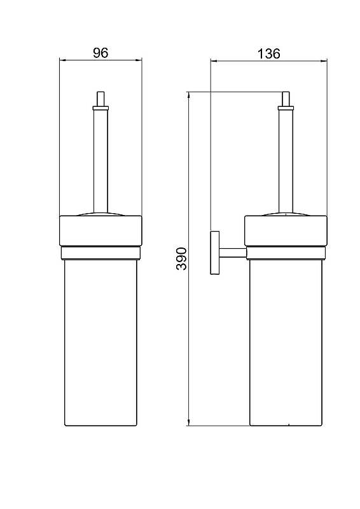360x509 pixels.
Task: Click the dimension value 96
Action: click(100, 53)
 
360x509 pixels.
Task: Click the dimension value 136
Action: click(268, 53)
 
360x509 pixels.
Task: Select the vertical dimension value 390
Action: click(181, 259)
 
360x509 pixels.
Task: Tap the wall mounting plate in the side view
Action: click(215, 253)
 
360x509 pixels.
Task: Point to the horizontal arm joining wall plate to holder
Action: click(232, 253)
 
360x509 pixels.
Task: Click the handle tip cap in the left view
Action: click(100, 99)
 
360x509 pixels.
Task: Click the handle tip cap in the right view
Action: click(286, 99)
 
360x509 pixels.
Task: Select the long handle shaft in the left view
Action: click(100, 161)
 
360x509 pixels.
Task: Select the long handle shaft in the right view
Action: click(286, 161)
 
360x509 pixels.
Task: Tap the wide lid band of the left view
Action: click(100, 230)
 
